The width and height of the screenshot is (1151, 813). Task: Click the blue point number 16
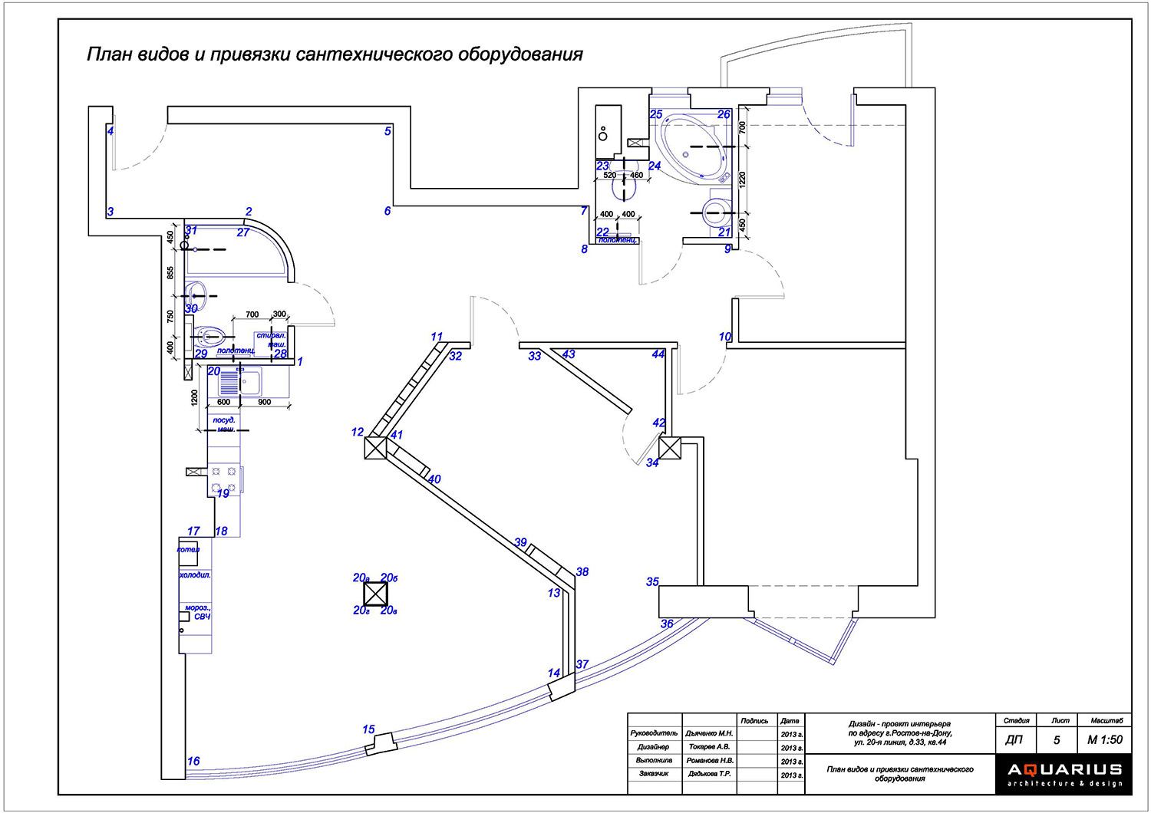tap(193, 761)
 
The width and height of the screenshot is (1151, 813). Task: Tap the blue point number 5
tap(388, 131)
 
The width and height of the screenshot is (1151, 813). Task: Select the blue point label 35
tap(652, 581)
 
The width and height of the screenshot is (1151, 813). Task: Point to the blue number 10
tap(725, 337)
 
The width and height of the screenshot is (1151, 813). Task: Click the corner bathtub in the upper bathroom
tap(692, 146)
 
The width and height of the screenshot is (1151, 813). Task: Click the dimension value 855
tap(171, 272)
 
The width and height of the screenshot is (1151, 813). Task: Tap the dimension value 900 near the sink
tap(265, 402)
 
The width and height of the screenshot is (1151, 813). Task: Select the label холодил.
tap(195, 574)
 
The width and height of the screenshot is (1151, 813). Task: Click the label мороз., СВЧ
tap(198, 612)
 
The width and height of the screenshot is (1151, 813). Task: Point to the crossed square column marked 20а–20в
tap(375, 594)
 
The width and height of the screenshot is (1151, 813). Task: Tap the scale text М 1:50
tap(1104, 740)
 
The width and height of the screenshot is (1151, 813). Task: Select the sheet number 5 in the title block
tap(1057, 740)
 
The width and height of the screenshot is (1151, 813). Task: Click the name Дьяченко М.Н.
tap(710, 734)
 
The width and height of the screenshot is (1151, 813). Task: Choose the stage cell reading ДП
tap(1014, 740)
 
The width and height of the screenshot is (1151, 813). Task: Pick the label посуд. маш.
tap(224, 424)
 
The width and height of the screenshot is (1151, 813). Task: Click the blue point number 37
tap(582, 664)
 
